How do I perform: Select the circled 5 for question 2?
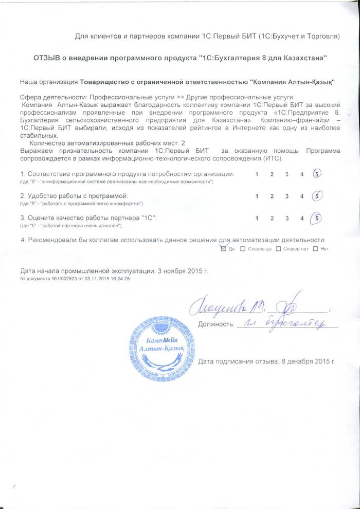click(318, 196)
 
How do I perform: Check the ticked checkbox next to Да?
click(222, 249)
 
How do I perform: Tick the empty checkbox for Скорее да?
click(243, 249)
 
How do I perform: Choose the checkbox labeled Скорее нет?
click(278, 249)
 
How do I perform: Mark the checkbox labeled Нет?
click(315, 249)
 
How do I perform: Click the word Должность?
click(215, 324)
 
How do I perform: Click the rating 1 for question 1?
click(257, 175)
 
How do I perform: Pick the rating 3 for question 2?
click(287, 196)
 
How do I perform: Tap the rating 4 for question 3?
click(302, 219)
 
